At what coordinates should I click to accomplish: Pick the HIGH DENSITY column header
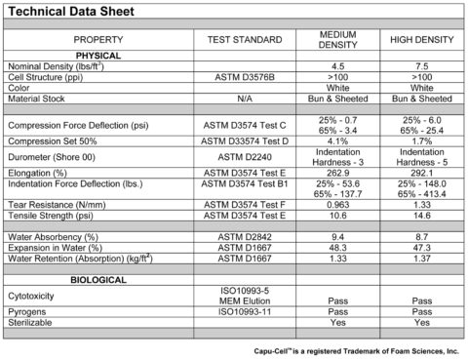[x=421, y=39]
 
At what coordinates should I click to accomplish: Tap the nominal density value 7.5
[x=421, y=65]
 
